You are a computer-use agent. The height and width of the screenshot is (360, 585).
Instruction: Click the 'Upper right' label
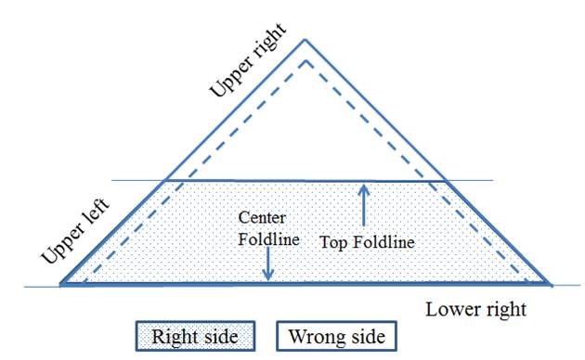248,60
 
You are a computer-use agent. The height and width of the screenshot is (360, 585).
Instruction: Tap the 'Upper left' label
75,231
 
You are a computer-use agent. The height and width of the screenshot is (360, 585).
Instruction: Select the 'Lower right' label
475,310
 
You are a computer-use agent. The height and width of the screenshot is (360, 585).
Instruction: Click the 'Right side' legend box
195,336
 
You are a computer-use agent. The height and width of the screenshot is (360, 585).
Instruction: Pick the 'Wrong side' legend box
336,336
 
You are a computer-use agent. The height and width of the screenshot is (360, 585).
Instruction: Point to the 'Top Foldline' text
367,242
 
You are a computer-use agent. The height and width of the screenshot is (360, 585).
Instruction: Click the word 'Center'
262,218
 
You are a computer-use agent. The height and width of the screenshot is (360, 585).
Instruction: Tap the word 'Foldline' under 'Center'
268,239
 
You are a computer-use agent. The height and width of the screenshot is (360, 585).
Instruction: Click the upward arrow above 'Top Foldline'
364,205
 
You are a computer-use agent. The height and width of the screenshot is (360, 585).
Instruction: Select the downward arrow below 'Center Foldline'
267,264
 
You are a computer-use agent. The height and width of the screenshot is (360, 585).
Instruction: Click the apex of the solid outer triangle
305,40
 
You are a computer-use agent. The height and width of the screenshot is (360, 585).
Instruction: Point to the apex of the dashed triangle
305,60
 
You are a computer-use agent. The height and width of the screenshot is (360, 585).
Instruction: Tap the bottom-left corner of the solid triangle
61,284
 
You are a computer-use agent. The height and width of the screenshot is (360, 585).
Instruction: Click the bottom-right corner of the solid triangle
550,284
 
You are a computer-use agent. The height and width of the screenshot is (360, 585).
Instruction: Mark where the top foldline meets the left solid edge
164,181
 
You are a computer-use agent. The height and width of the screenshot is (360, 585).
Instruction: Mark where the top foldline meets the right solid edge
446,182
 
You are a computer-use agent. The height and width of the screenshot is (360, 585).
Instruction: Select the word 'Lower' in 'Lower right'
449,309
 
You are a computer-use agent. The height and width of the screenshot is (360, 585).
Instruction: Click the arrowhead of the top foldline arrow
364,187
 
